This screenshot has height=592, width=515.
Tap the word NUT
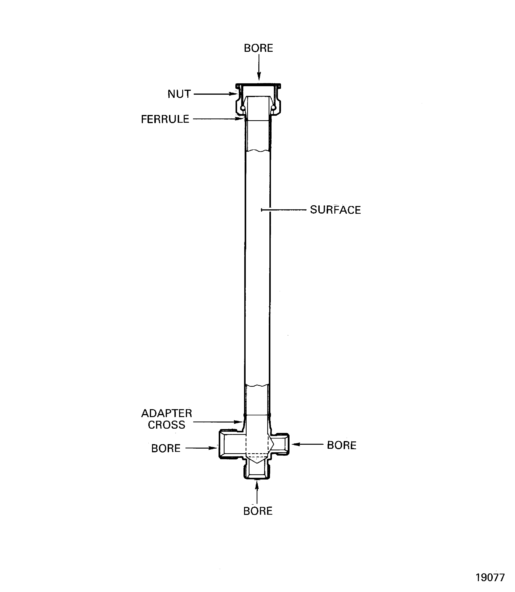point(179,94)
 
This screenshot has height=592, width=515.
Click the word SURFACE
point(335,210)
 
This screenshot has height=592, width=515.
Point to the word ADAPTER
point(166,413)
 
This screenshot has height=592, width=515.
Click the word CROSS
point(166,425)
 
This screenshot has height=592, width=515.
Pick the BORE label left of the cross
point(166,448)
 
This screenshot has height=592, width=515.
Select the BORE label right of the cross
point(341,445)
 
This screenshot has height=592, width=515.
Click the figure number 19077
point(490,577)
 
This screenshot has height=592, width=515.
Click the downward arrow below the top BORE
point(259,67)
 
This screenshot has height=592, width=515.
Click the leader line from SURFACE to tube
point(283,210)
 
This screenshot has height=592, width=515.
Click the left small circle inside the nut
point(243,108)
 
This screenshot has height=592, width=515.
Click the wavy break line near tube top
point(258,150)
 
